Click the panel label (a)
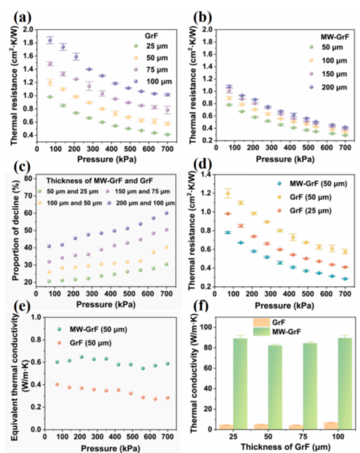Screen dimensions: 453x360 pyautogui.click(x=23, y=18)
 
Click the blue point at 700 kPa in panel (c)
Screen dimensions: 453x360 pyautogui.click(x=167, y=213)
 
